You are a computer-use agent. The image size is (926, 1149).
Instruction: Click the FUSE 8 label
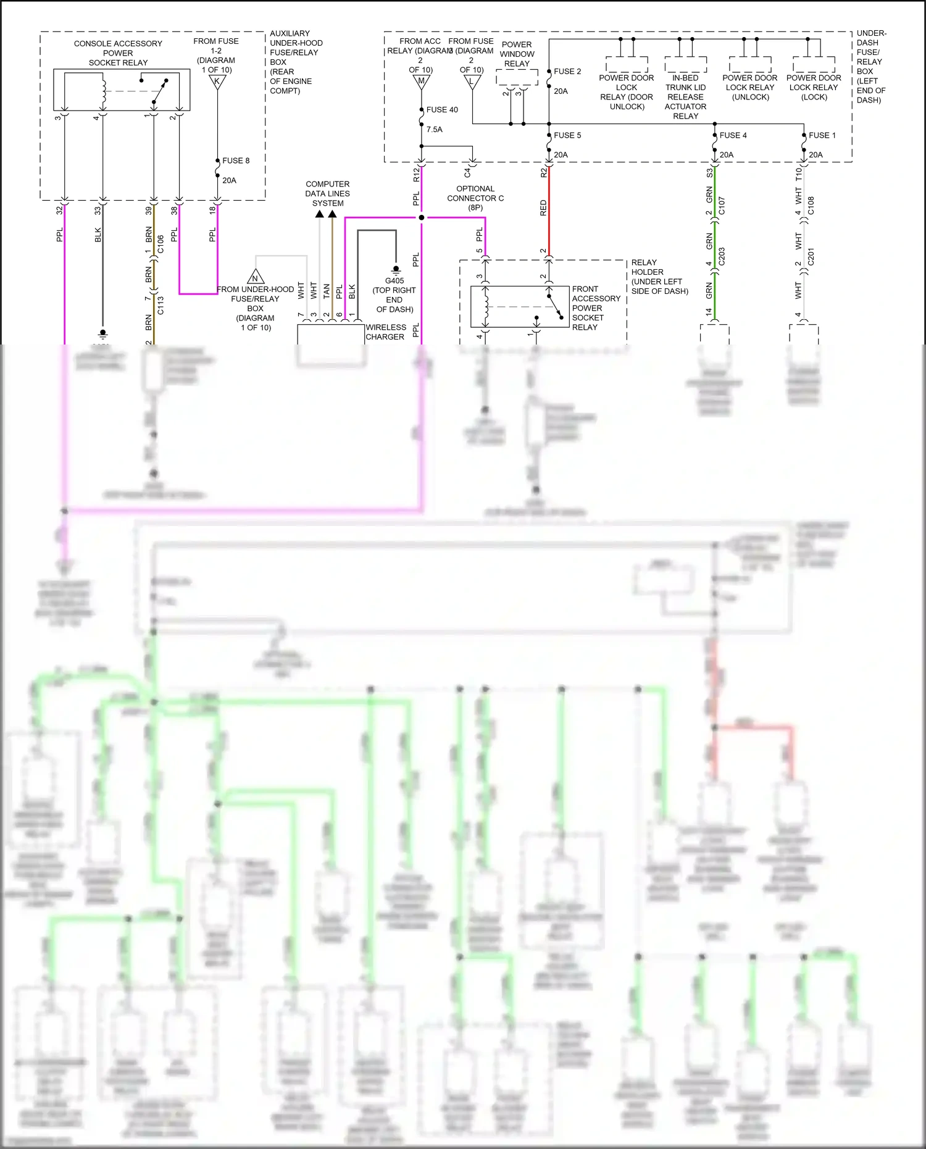(x=236, y=161)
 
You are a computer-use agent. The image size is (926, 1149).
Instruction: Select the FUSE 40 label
(x=442, y=110)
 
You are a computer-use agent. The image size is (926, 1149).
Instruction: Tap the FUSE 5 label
(x=567, y=135)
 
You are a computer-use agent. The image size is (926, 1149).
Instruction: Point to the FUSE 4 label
(x=733, y=135)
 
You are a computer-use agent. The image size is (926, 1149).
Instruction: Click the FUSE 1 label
(x=822, y=135)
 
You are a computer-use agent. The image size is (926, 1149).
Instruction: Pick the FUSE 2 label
(x=567, y=72)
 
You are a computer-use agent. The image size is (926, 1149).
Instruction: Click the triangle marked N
(x=256, y=277)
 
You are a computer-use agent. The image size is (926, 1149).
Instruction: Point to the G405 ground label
(x=394, y=281)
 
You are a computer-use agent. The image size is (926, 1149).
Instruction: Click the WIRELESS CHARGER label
(x=386, y=332)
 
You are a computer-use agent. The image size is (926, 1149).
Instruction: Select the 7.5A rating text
(x=434, y=130)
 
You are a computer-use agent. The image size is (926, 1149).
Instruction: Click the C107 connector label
(x=722, y=206)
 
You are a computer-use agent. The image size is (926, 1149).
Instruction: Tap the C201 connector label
(x=811, y=256)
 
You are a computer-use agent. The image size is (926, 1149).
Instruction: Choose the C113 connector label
(x=161, y=305)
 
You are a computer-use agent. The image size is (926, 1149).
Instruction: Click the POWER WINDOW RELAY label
(x=517, y=54)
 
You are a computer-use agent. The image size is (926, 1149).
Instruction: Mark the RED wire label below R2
(x=543, y=207)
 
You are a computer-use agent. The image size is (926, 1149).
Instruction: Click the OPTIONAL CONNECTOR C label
(x=475, y=198)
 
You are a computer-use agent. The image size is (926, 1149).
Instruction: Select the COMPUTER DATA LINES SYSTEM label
(x=327, y=193)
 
